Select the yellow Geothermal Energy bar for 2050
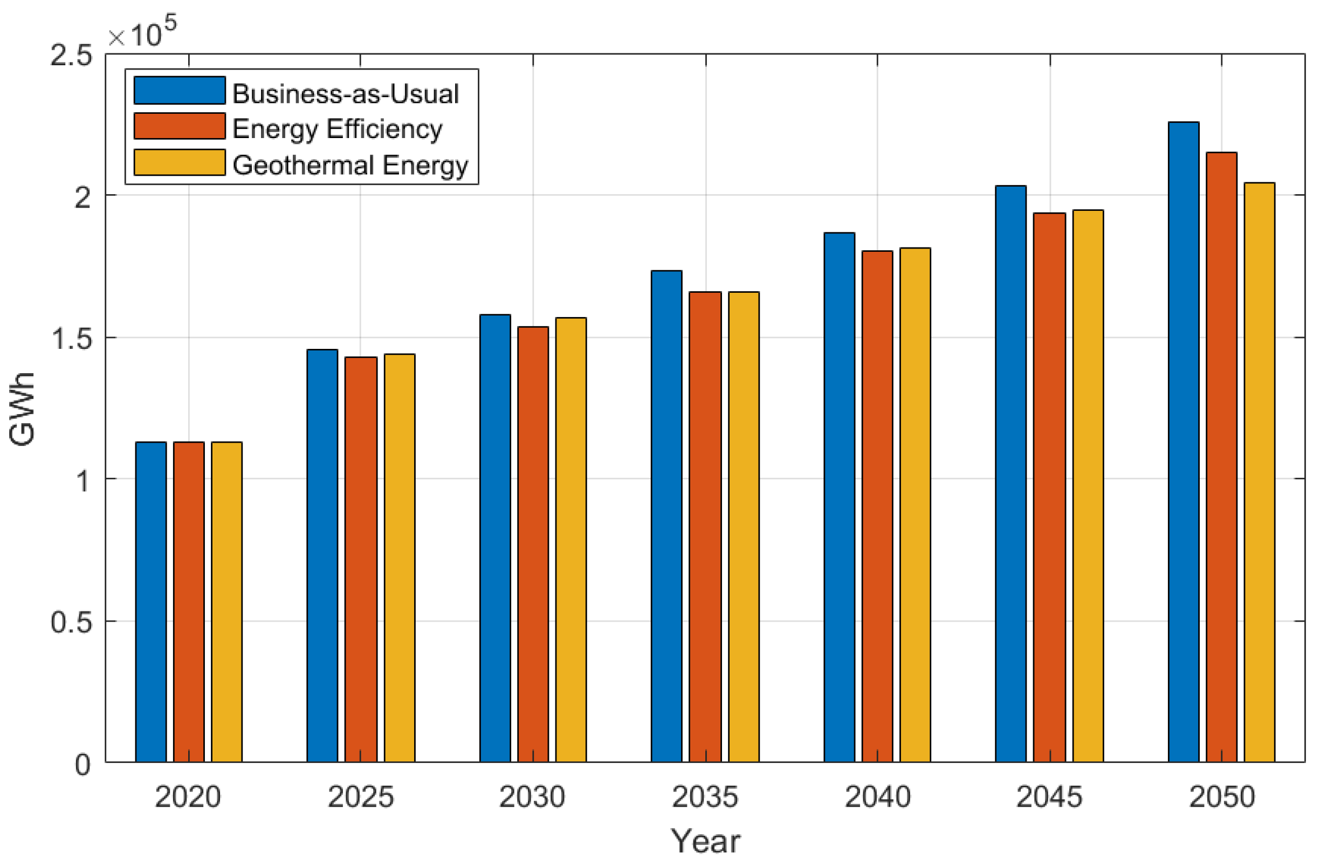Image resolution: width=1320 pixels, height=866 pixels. coord(1260,472)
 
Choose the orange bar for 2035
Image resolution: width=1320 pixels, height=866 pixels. coord(705,526)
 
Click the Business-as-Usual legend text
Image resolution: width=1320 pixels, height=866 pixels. coord(346,93)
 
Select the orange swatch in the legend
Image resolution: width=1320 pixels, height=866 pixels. coord(179,127)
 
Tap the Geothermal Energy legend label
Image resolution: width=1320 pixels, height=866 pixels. coord(350,165)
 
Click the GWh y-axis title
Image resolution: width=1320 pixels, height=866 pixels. coord(22,409)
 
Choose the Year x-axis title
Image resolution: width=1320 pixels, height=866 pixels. coord(705,841)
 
